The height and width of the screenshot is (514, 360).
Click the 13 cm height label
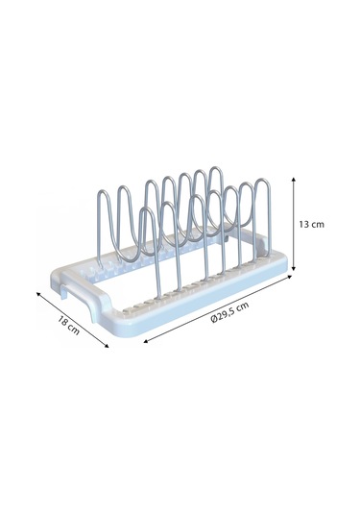(311, 225)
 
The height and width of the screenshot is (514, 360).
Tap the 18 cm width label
(69, 325)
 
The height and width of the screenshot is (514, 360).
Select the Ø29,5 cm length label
(230, 312)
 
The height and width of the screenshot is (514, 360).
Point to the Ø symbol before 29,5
(214, 319)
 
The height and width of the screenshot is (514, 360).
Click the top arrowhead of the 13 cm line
(294, 180)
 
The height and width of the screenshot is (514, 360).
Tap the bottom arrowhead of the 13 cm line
(294, 268)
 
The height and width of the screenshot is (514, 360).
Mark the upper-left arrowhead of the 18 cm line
(38, 294)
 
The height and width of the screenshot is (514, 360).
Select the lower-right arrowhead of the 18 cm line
(107, 345)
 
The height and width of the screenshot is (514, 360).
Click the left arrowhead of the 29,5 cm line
(146, 342)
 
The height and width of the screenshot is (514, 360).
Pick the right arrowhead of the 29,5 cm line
(289, 277)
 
